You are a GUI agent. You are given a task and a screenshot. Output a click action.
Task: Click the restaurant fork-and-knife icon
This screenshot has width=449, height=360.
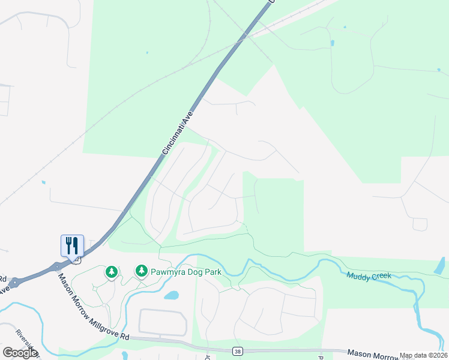[x=72, y=245]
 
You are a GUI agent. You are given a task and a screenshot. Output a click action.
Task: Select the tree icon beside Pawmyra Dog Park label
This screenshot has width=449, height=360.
[x=141, y=271]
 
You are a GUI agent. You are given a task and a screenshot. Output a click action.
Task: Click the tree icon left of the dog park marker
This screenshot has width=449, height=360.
[x=111, y=273]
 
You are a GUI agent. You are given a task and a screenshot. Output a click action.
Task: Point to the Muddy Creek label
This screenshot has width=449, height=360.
[x=369, y=275]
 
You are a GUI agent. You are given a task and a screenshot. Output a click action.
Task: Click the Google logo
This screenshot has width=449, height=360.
[x=20, y=353]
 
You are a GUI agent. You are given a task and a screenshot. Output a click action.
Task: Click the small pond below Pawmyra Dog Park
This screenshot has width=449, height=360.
[x=171, y=295]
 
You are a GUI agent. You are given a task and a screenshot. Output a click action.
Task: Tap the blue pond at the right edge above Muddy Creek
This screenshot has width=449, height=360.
[x=440, y=266]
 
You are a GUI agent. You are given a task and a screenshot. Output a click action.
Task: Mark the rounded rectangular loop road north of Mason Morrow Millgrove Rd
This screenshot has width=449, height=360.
[x=163, y=322]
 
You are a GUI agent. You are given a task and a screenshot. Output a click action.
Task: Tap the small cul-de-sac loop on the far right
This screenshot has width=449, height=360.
[x=420, y=224]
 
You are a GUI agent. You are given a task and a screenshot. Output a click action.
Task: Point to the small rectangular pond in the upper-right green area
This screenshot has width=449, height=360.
[x=332, y=43]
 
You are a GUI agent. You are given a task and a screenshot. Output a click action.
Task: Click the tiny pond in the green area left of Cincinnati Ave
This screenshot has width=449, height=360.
[x=146, y=53]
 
